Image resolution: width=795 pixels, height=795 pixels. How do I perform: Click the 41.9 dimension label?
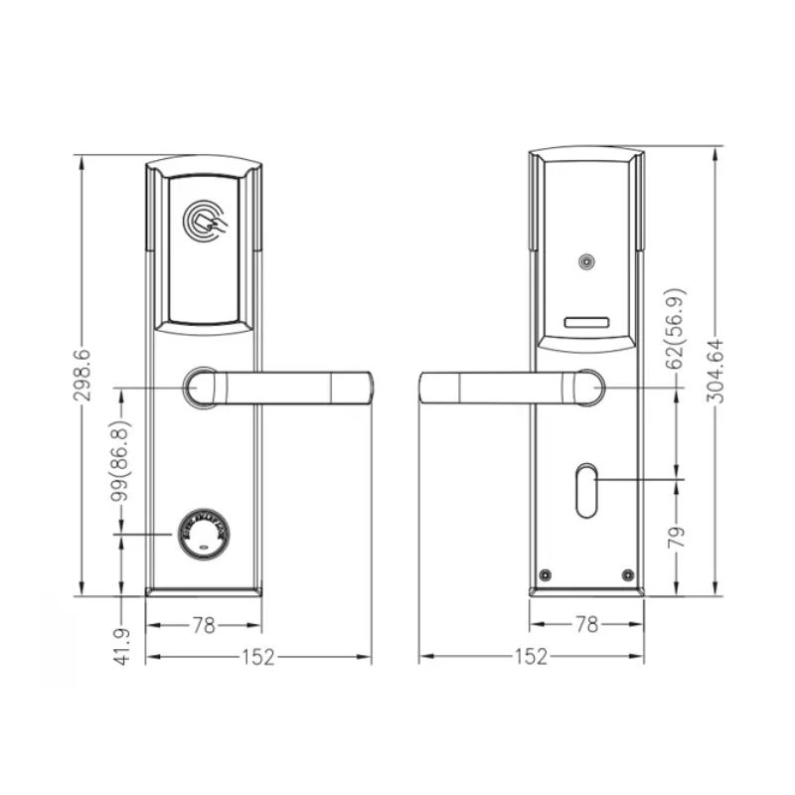click(122, 646)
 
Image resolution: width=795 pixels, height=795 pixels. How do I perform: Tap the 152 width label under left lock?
click(257, 657)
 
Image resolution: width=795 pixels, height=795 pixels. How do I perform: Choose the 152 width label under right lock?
click(532, 657)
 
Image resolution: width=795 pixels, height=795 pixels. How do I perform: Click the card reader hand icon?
click(206, 220)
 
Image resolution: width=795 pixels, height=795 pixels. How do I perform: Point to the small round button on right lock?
click(586, 263)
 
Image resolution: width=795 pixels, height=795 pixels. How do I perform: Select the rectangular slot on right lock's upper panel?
click(586, 323)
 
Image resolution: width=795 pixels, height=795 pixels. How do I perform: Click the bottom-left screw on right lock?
click(545, 573)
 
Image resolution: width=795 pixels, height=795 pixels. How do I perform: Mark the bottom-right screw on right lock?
click(627, 573)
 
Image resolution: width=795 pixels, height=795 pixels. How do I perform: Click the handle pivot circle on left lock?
click(202, 386)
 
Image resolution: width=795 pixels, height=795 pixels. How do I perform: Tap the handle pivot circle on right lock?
click(586, 386)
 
